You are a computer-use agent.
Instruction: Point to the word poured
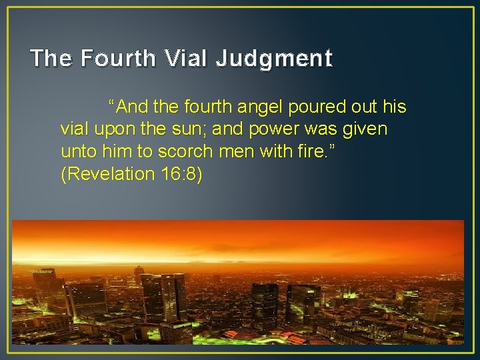point(317,107)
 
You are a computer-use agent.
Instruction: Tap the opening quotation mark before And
point(113,105)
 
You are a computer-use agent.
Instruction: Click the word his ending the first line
point(393,107)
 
